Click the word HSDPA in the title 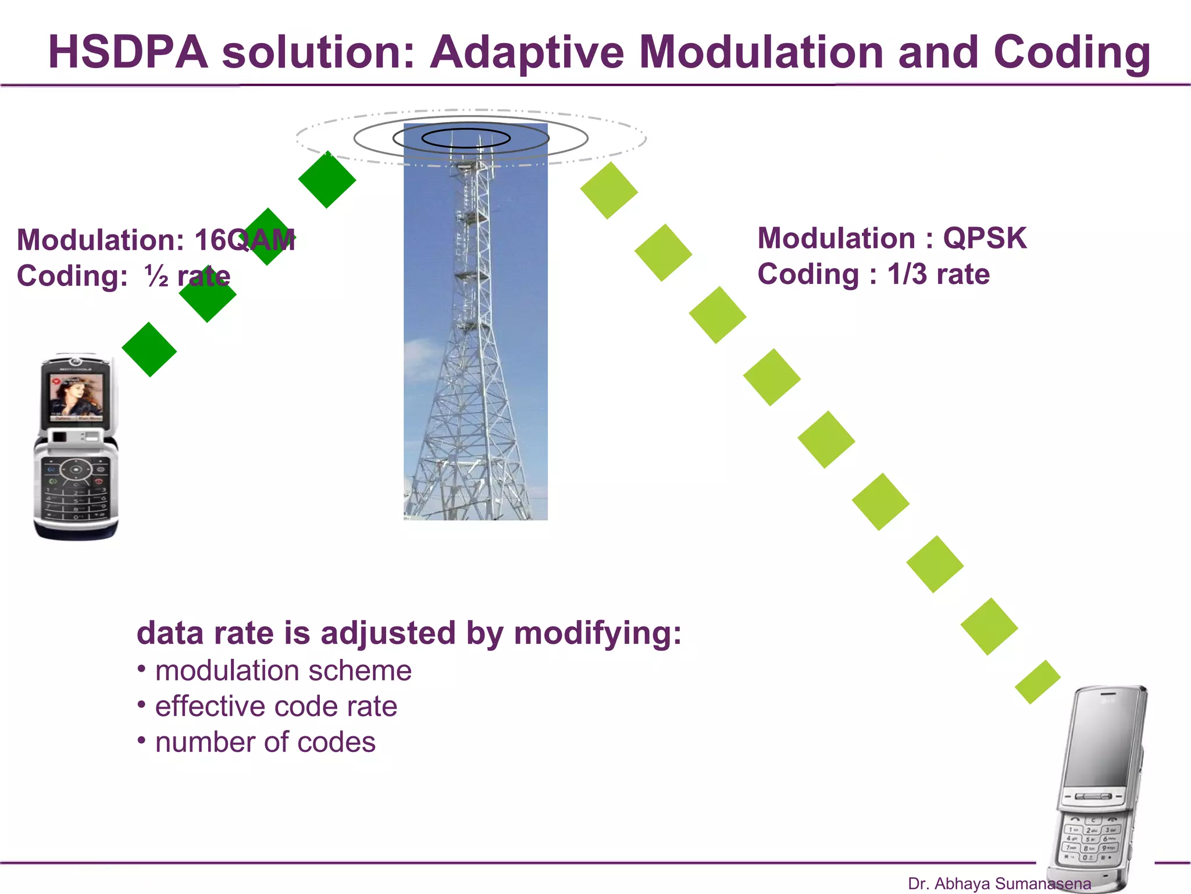click(128, 52)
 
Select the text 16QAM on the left click(244, 240)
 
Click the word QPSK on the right click(985, 238)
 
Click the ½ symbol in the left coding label click(156, 276)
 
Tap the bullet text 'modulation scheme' click(283, 670)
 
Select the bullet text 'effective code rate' click(276, 707)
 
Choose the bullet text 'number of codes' click(265, 743)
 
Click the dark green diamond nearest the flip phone click(149, 349)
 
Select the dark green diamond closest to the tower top click(327, 179)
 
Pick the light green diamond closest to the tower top click(609, 190)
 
